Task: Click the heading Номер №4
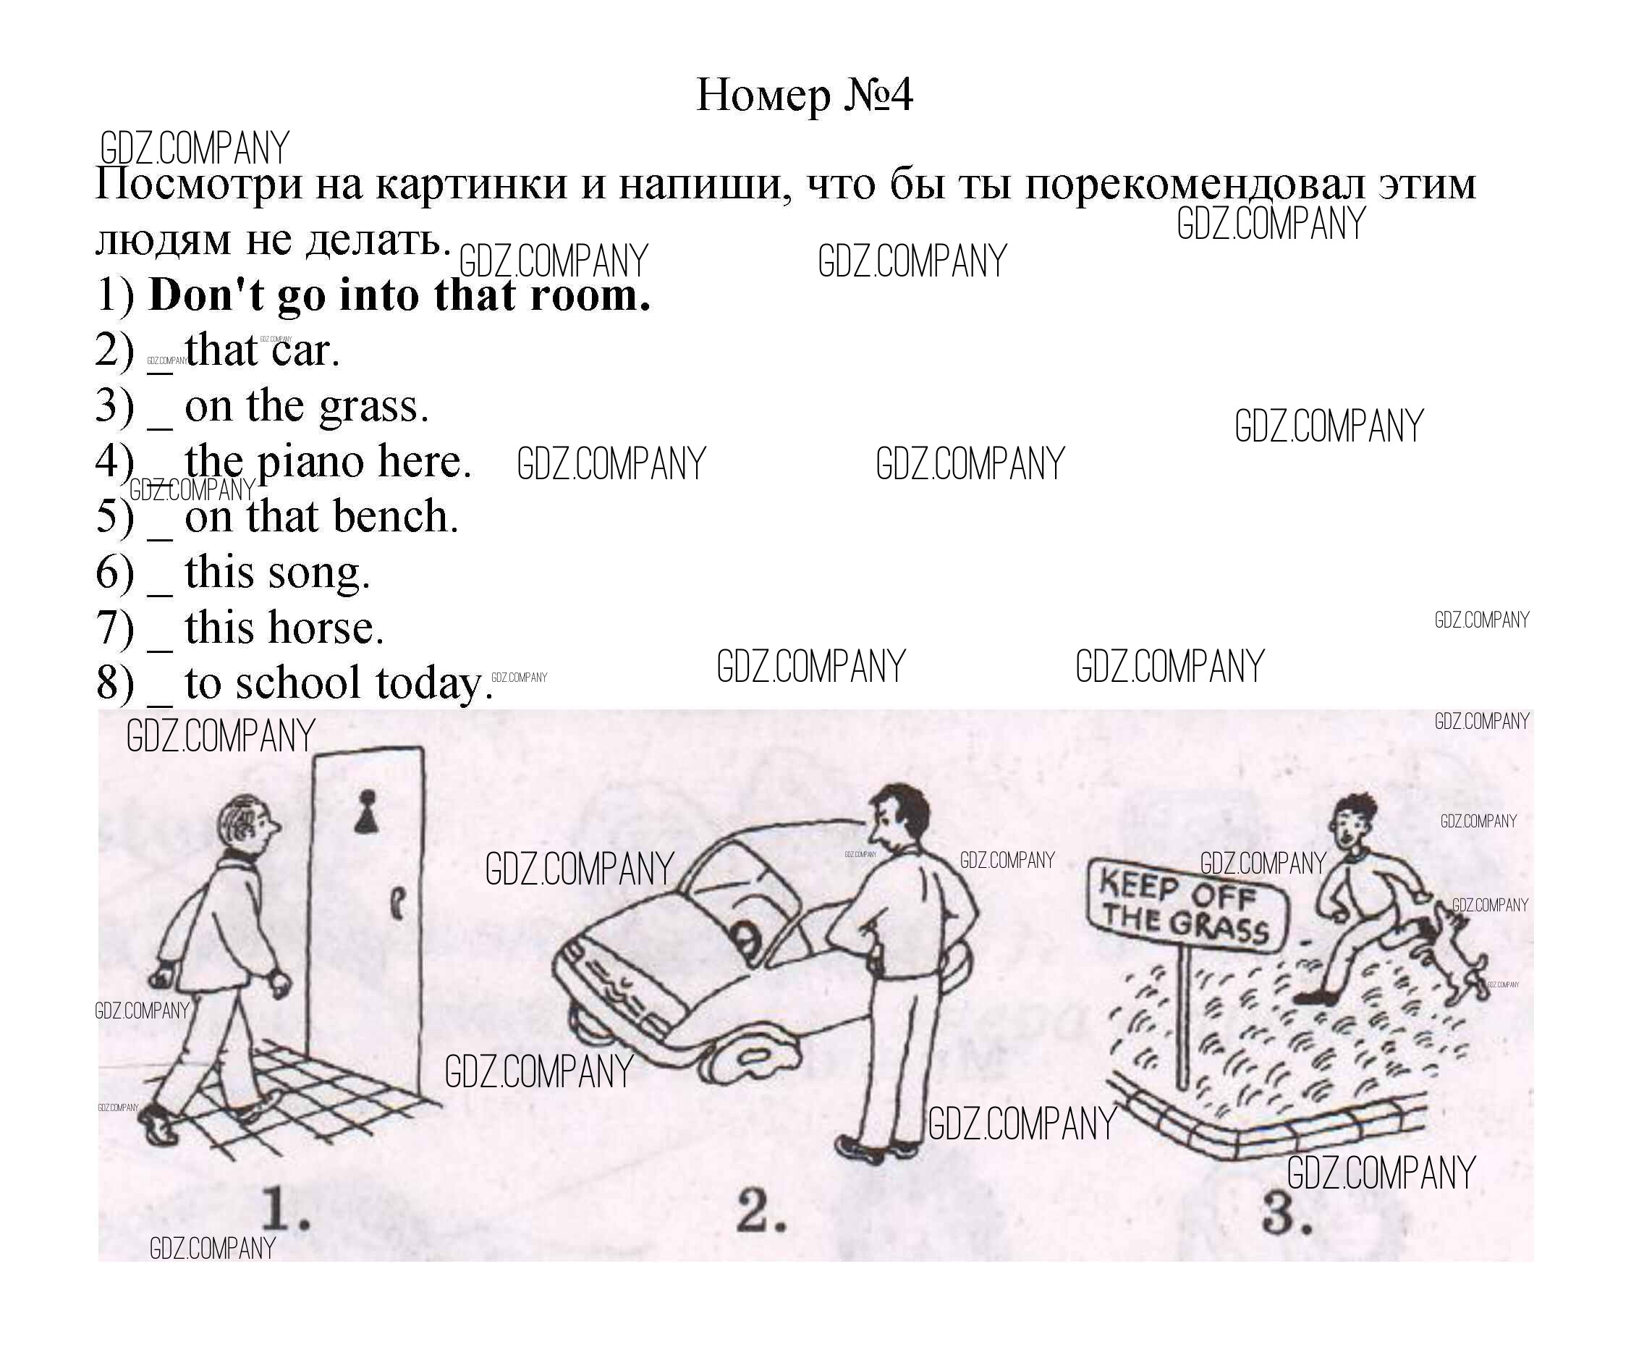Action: [x=803, y=96]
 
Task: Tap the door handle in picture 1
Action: [x=397, y=903]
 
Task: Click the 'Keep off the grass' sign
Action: [x=1187, y=906]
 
